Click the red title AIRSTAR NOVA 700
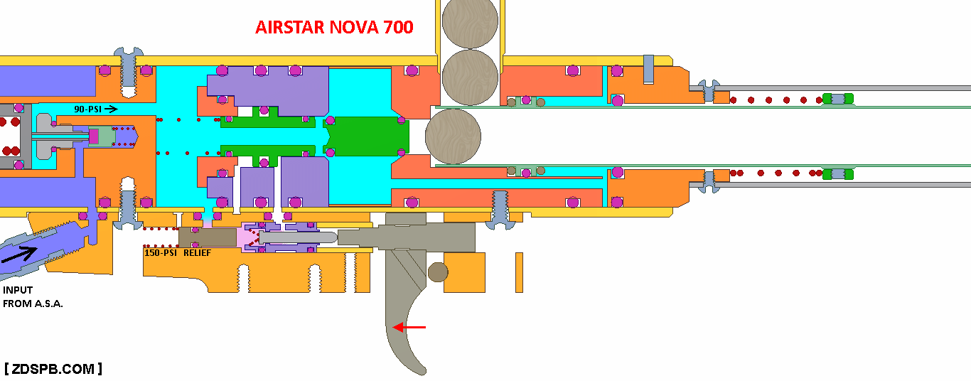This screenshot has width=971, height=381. [x=334, y=27]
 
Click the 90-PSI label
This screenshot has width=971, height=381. [x=87, y=109]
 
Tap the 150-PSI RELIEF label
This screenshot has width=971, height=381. [x=177, y=253]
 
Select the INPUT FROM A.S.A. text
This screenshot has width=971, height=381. [x=33, y=296]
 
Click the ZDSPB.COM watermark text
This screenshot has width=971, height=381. [x=53, y=369]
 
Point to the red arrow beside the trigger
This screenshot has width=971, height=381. [x=409, y=327]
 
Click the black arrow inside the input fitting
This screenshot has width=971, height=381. [x=19, y=254]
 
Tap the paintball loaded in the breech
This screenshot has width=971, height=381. [x=453, y=136]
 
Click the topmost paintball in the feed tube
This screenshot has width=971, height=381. [x=470, y=21]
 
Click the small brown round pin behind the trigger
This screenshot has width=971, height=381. [x=438, y=272]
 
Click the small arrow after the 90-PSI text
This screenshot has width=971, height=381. [x=111, y=109]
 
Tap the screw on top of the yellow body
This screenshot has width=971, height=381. [x=129, y=70]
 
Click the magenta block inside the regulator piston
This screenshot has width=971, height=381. [x=94, y=136]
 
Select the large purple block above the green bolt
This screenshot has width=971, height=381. [x=269, y=91]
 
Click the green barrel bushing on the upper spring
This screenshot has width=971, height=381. [x=838, y=99]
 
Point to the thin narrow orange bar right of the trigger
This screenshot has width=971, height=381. [x=520, y=273]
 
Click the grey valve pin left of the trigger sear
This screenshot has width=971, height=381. [x=298, y=237]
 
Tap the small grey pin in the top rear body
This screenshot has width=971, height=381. [x=648, y=70]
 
